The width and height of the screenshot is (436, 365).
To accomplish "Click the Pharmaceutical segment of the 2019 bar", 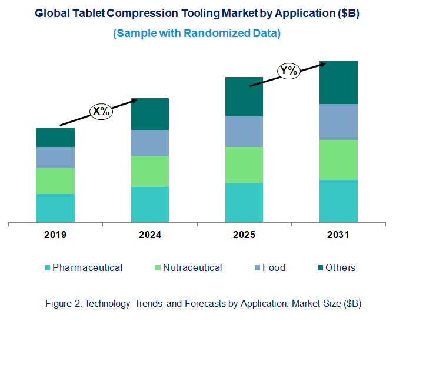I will [55, 208].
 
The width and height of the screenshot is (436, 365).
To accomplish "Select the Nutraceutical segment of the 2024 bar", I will [149, 171].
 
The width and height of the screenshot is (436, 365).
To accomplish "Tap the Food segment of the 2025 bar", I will [244, 131].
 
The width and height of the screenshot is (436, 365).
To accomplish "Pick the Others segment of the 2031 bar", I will [338, 82].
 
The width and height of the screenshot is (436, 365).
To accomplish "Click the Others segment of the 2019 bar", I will [55, 138].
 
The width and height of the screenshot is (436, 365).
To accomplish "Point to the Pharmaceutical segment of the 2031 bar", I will [338, 201].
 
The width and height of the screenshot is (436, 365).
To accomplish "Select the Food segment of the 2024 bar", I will [149, 143].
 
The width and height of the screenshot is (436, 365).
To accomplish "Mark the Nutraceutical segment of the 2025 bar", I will [244, 165].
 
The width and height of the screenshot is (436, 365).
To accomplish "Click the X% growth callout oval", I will [101, 111].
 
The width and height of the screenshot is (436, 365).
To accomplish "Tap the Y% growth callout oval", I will [289, 71].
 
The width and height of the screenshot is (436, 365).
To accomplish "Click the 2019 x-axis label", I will [55, 235].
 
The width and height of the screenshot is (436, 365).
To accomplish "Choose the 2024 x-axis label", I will [149, 235].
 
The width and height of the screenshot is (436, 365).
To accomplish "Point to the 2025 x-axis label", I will [244, 235].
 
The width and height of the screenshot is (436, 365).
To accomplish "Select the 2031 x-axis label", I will [338, 235].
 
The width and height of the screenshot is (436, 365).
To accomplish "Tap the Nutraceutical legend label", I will [192, 268].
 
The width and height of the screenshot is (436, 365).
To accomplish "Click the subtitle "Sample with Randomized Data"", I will [197, 34].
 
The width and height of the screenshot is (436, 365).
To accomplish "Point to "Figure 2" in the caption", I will [63, 304].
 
